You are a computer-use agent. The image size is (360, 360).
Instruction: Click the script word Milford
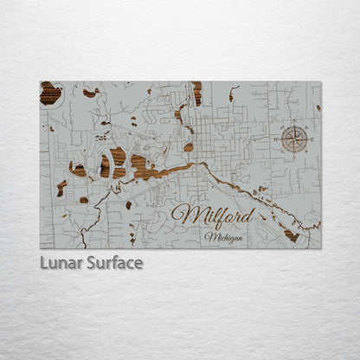[213, 215]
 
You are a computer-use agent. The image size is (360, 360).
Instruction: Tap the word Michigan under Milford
[224, 236]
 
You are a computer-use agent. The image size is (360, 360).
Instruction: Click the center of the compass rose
[294, 138]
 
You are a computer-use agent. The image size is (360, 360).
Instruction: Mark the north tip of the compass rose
[294, 125]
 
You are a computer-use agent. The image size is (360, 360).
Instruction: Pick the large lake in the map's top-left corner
[50, 93]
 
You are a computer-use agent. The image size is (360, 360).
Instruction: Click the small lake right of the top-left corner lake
[90, 92]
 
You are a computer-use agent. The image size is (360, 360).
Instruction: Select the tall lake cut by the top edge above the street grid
[197, 92]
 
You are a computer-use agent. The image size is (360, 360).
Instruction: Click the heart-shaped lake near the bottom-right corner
[292, 235]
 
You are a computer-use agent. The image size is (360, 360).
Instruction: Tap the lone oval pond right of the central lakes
[189, 147]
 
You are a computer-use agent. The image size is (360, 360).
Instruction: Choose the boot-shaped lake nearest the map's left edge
[61, 187]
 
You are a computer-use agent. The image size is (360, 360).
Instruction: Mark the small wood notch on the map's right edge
[318, 107]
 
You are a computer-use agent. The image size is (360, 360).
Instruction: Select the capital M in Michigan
[209, 236]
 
